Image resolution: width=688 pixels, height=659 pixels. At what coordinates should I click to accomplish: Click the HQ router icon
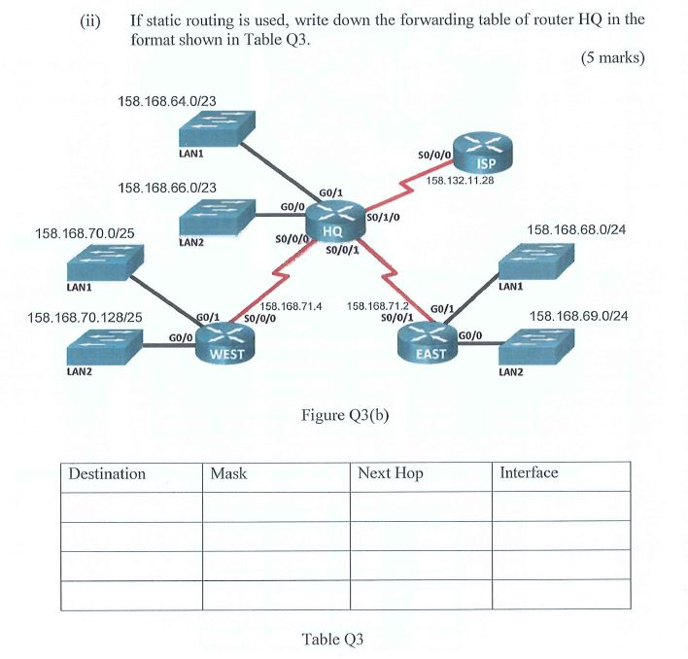(332, 226)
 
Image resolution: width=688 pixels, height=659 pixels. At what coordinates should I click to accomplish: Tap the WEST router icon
(225, 341)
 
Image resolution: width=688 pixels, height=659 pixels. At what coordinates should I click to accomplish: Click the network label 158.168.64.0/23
(167, 100)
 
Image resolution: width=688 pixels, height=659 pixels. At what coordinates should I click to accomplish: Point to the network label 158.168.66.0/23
(167, 187)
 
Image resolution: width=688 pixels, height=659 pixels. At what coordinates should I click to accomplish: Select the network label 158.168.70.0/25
(85, 234)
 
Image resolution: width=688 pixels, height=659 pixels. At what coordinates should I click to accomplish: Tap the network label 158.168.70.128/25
(86, 317)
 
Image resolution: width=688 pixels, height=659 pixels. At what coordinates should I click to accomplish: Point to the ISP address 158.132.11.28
(461, 180)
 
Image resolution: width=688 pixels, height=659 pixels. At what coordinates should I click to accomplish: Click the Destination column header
(107, 474)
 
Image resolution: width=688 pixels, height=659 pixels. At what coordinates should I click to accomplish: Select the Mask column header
(228, 474)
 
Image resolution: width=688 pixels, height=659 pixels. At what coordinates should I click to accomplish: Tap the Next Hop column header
(391, 474)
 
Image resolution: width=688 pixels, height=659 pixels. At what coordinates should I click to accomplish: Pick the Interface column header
(529, 473)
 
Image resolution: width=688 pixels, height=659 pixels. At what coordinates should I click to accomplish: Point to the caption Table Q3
(332, 639)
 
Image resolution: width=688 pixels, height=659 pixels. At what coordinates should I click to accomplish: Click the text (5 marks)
(612, 57)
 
